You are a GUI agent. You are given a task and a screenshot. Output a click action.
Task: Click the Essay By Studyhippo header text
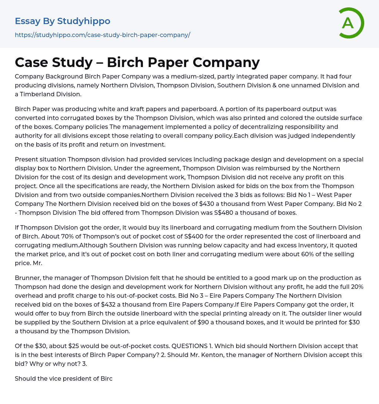[x=63, y=21]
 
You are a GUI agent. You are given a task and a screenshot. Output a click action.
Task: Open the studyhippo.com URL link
[x=103, y=35]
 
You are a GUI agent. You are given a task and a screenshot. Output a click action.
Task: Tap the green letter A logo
[x=348, y=23]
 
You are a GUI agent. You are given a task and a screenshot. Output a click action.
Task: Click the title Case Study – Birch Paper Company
[x=137, y=63]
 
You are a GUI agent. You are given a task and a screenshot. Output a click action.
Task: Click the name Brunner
[x=28, y=278]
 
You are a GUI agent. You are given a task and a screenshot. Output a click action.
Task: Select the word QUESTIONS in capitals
[x=189, y=346]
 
